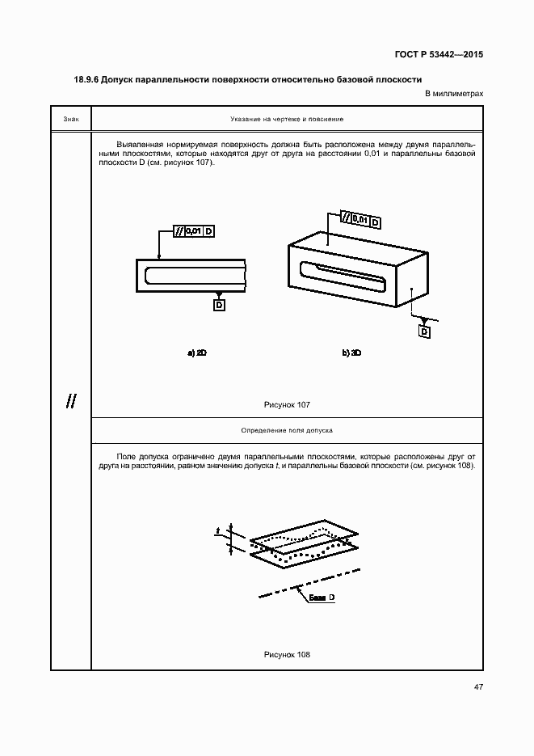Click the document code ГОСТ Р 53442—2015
(x=440, y=55)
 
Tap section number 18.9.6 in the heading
(x=86, y=80)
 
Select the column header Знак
(x=70, y=119)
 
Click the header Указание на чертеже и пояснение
(x=287, y=119)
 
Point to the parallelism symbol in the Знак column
(x=71, y=401)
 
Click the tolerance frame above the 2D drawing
(x=194, y=232)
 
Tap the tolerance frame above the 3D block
(x=360, y=219)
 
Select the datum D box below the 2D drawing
(x=219, y=304)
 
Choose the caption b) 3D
(x=351, y=353)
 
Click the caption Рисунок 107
(x=287, y=404)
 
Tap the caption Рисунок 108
(x=287, y=655)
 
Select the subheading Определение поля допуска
(x=287, y=431)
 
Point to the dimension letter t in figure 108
(x=218, y=531)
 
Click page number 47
(x=478, y=687)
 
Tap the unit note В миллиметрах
(x=454, y=95)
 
